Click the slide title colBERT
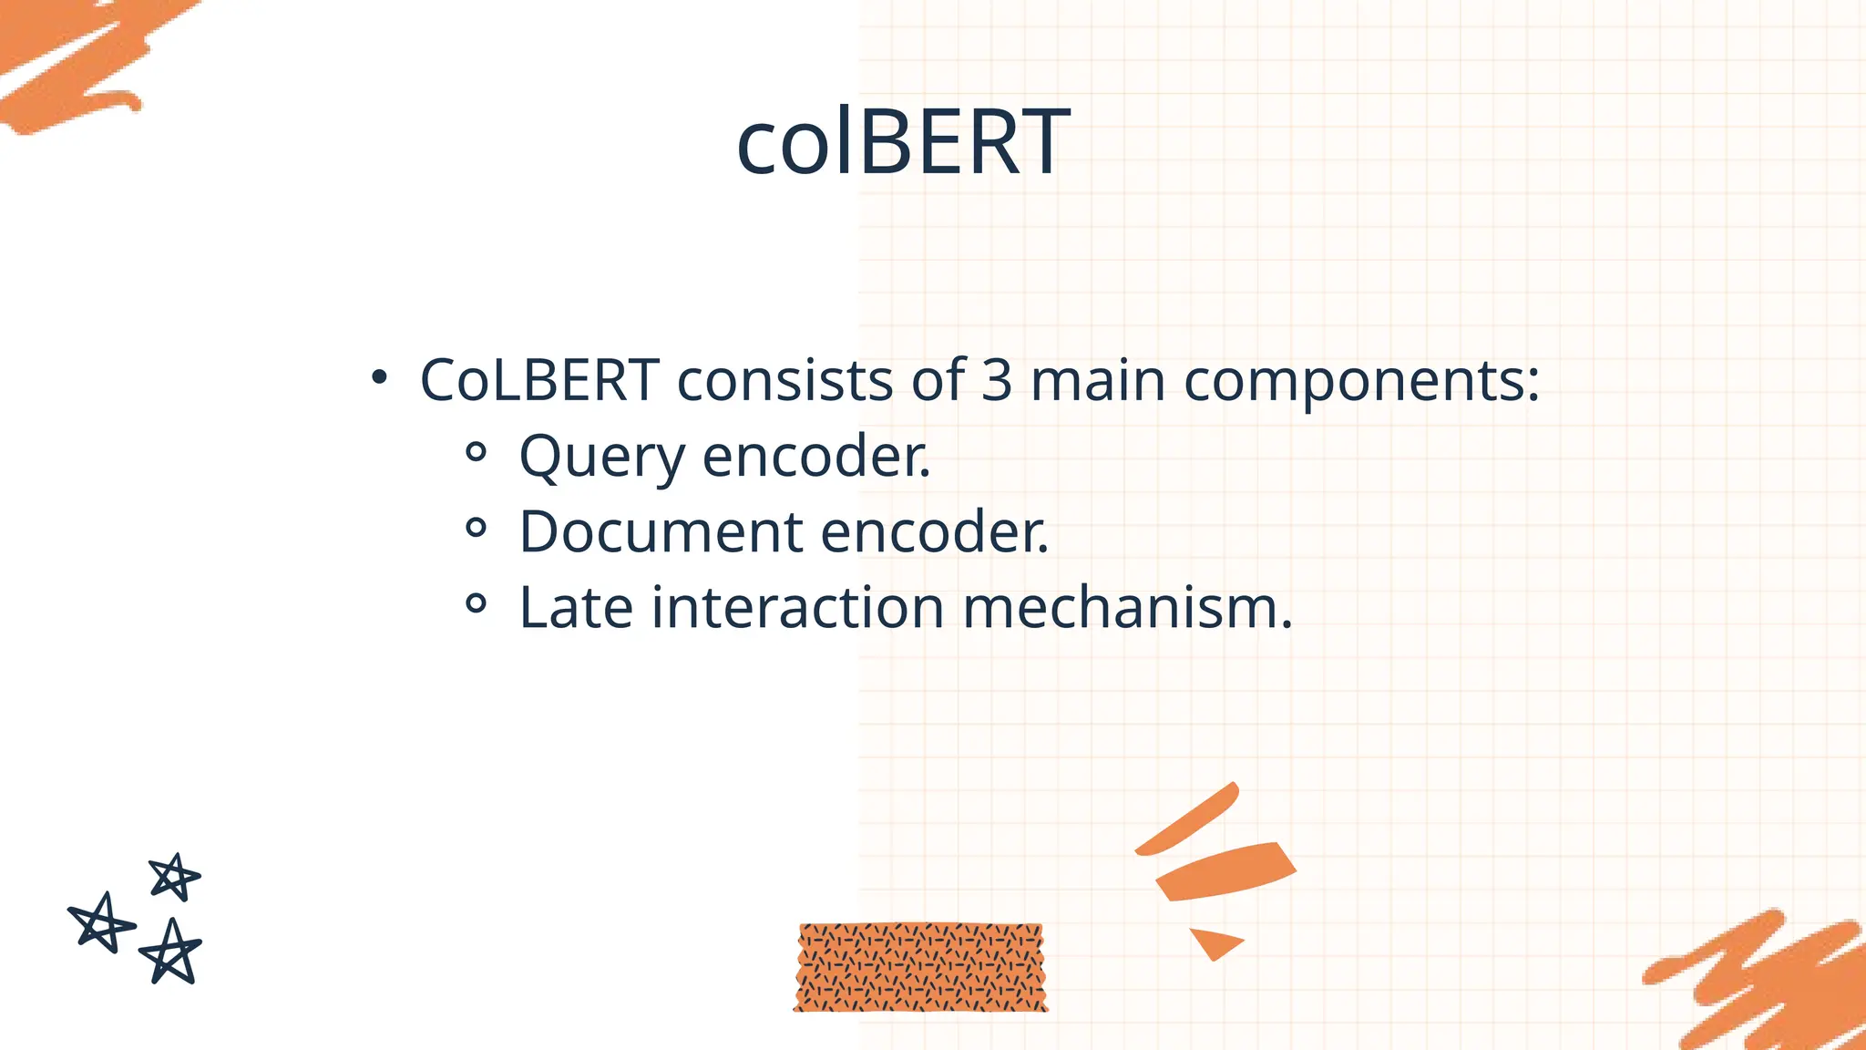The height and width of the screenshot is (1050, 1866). pyautogui.click(x=903, y=142)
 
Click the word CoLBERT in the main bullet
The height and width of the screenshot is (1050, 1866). pyautogui.click(x=539, y=380)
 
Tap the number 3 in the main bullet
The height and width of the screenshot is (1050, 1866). pyautogui.click(x=997, y=380)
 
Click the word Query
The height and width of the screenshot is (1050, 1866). pyautogui.click(x=601, y=458)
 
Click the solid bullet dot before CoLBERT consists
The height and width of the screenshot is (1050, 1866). pyautogui.click(x=379, y=377)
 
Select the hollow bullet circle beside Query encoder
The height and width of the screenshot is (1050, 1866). pyautogui.click(x=476, y=452)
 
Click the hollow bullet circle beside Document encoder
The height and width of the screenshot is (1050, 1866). pyautogui.click(x=476, y=527)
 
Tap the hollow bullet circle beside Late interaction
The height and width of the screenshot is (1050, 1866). pyautogui.click(x=476, y=602)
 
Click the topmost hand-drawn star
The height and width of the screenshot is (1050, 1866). pyautogui.click(x=174, y=877)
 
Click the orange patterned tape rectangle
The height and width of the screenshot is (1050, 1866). pyautogui.click(x=920, y=967)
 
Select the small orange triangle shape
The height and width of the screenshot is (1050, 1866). pyautogui.click(x=1214, y=942)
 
